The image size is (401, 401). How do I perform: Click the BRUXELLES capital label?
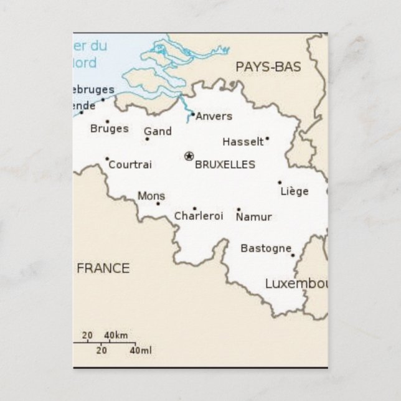pos(225,165)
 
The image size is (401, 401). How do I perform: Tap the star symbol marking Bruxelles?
pos(189,156)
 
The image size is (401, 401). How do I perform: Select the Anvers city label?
pos(214,116)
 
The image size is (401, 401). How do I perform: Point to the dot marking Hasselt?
pos(267,139)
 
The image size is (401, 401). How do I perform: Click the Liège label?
pos(295,191)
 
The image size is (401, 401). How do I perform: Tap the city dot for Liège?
pos(280,182)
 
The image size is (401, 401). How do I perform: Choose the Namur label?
pos(254,217)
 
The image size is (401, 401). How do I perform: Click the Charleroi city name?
pos(198,217)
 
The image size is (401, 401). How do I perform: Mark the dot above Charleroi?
pos(194,209)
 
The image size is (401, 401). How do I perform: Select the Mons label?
pos(151,196)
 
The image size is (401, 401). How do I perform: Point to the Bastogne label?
pos(266,248)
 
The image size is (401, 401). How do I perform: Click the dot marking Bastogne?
pos(293,255)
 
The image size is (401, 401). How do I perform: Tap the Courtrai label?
pos(130,165)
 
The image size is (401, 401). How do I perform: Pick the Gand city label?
pos(158,131)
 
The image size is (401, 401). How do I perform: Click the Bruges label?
pos(110,129)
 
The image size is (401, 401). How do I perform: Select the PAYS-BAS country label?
pos(268,67)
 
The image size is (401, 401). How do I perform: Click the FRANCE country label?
pos(103,268)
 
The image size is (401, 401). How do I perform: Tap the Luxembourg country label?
pos(296,284)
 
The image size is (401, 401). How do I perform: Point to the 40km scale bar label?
pos(116,336)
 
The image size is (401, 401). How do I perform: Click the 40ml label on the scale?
pos(141,351)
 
